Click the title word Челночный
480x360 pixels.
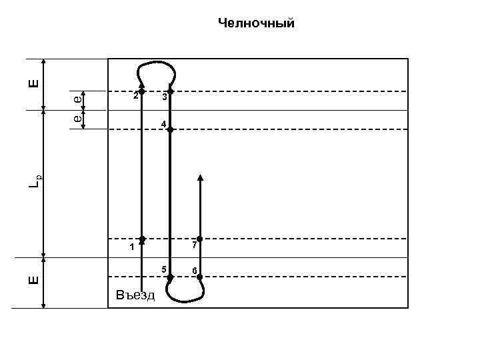[256, 24]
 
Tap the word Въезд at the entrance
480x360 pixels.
[134, 294]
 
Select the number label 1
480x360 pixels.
[132, 247]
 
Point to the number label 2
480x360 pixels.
[135, 96]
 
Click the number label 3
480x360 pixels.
[163, 98]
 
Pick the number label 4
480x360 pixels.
[163, 124]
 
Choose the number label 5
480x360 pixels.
[163, 269]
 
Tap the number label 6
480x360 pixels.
[193, 271]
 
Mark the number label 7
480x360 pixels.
[193, 246]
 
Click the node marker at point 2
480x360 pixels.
[142, 91]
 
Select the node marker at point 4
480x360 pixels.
[170, 130]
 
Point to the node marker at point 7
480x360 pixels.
[199, 239]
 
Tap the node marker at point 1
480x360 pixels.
[142, 238]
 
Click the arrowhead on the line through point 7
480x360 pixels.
[200, 178]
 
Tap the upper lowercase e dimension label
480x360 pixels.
[78, 99]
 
